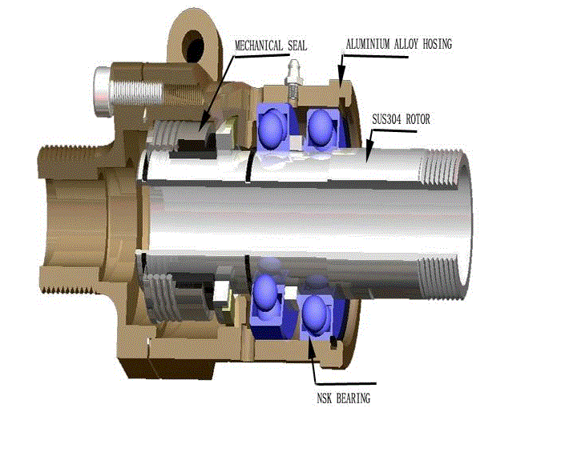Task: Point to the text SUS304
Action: point(388,120)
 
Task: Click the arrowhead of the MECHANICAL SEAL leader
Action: point(197,127)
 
